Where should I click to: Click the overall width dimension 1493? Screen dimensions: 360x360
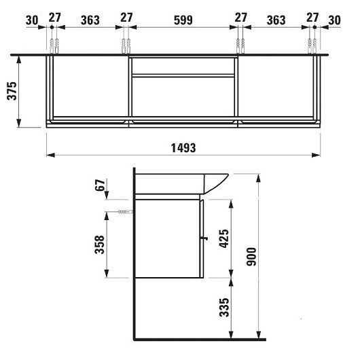pyautogui.click(x=183, y=148)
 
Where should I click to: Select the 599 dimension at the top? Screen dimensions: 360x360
pyautogui.click(x=183, y=20)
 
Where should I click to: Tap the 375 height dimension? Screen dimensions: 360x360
pyautogui.click(x=12, y=91)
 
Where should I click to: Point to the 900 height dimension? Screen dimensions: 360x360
pyautogui.click(x=251, y=257)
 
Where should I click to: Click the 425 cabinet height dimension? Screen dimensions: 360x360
pyautogui.click(x=224, y=238)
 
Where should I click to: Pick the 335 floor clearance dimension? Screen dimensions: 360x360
pyautogui.click(x=224, y=308)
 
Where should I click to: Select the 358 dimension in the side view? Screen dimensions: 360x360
pyautogui.click(x=99, y=245)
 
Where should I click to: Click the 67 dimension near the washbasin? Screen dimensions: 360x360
pyautogui.click(x=100, y=185)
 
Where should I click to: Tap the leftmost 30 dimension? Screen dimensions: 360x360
pyautogui.click(x=32, y=20)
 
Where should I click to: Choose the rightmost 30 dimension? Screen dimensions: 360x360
pyautogui.click(x=334, y=20)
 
